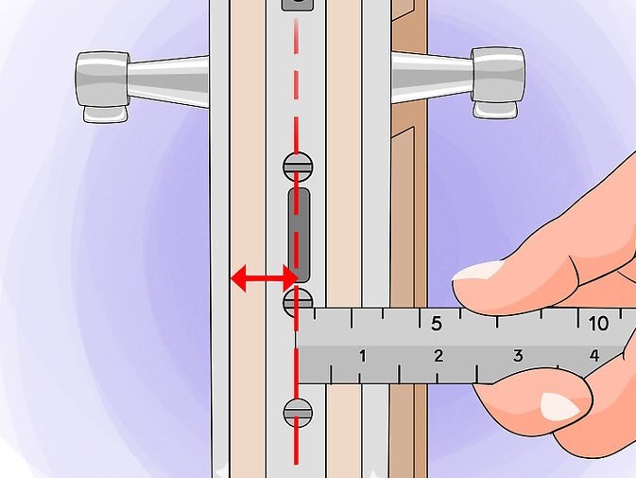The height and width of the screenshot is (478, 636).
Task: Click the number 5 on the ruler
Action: (436, 324)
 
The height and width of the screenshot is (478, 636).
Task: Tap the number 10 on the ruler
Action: (598, 324)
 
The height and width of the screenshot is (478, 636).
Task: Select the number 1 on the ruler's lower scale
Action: (363, 356)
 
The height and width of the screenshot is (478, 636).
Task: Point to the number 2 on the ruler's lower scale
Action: (438, 356)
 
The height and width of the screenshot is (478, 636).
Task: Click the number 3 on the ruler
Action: (518, 356)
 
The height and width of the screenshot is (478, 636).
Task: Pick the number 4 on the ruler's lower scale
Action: (594, 356)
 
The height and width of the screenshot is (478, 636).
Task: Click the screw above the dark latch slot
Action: (298, 167)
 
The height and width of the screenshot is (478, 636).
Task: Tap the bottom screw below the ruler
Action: (298, 413)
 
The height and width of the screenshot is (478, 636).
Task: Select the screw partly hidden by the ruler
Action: (298, 300)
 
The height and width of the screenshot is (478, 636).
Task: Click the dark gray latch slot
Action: (300, 235)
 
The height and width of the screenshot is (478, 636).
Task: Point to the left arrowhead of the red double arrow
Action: (238, 278)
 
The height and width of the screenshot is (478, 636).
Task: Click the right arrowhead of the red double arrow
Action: (290, 278)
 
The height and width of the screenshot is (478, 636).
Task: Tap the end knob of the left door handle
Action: (102, 80)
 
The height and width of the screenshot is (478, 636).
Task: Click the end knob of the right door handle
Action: (498, 75)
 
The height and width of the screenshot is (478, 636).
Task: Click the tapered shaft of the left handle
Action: (169, 80)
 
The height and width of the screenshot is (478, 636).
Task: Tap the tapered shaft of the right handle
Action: (432, 76)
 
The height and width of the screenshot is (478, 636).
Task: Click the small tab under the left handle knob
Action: (104, 115)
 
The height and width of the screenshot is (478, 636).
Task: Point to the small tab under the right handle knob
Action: (495, 110)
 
